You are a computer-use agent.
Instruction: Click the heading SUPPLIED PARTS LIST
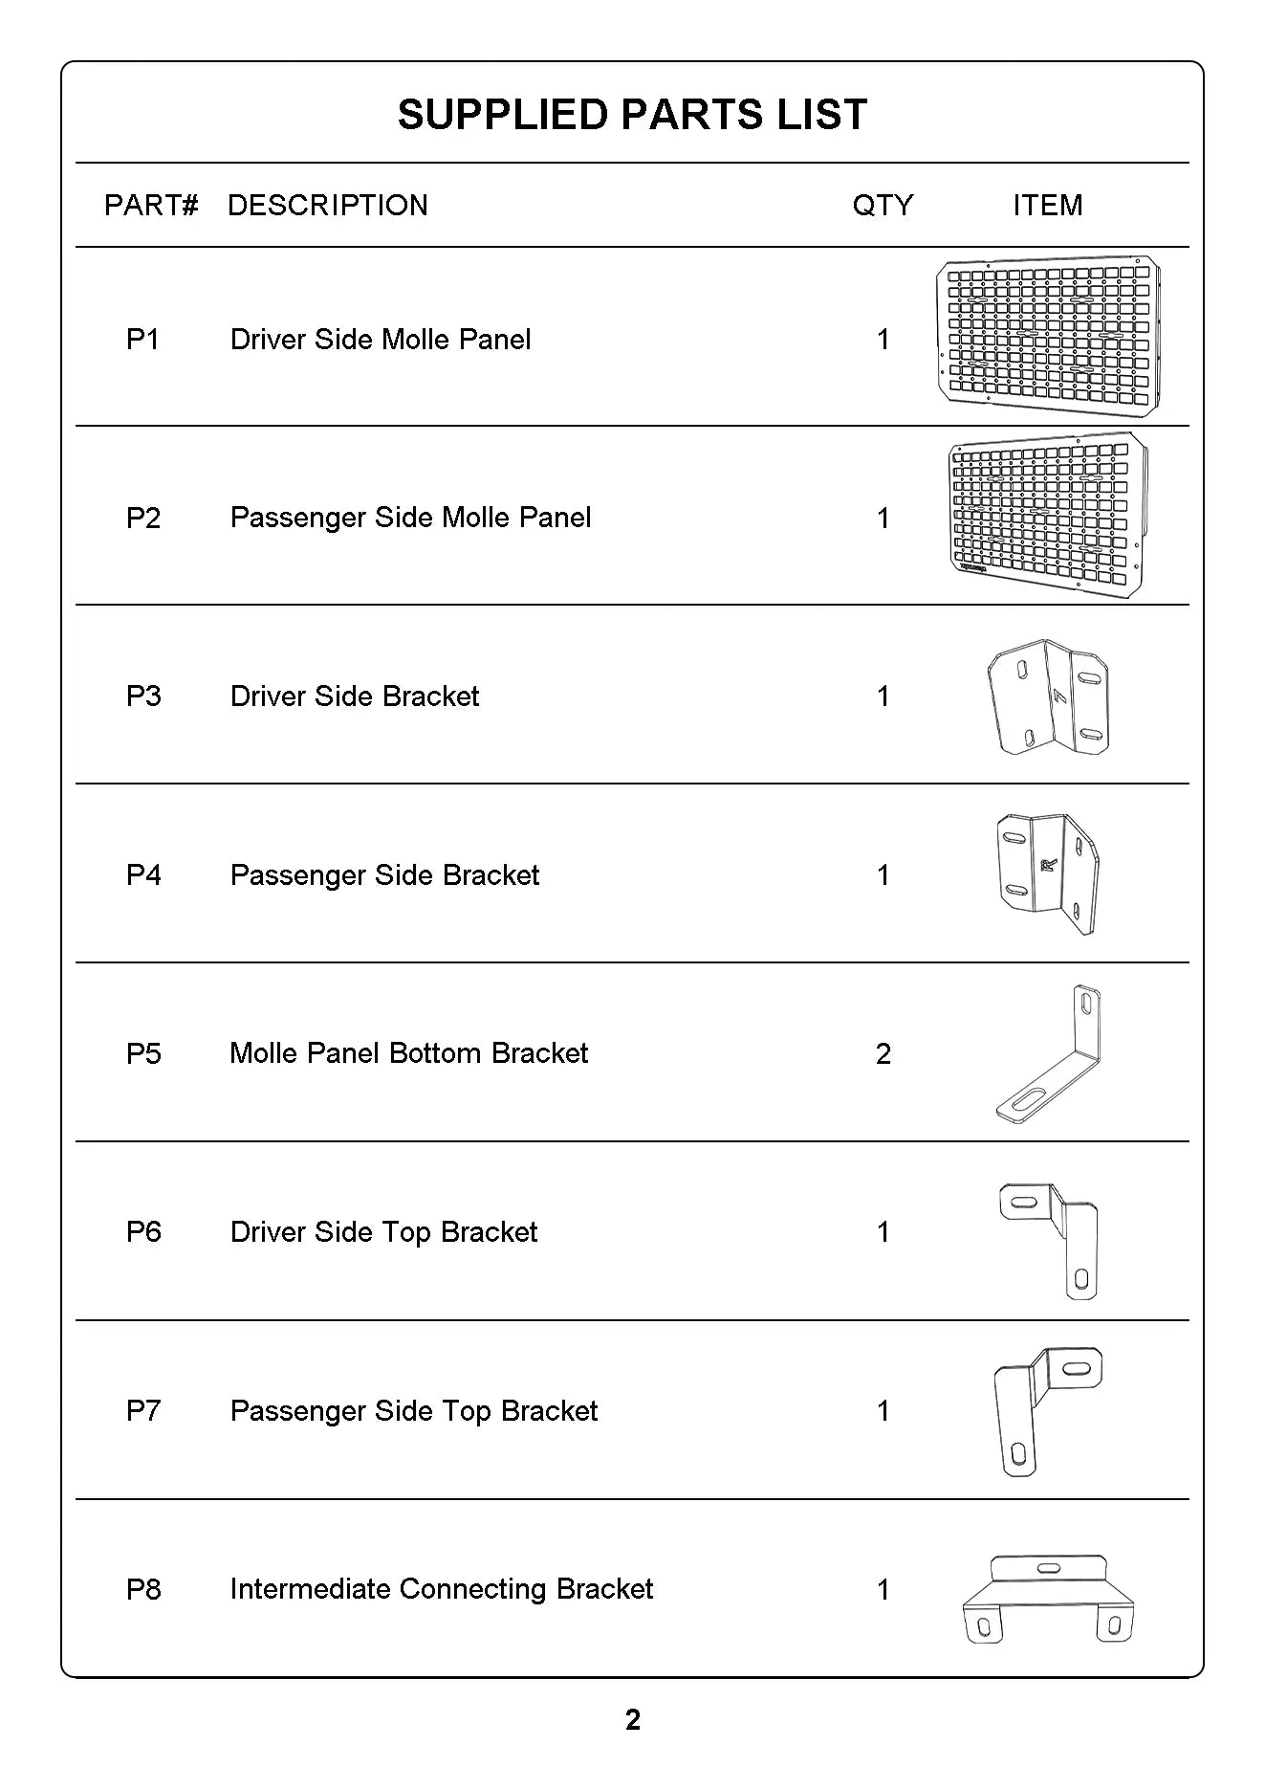(x=632, y=115)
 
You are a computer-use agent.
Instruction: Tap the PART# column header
(x=151, y=205)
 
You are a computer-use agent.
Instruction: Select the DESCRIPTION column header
(x=328, y=205)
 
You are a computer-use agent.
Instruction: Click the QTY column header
(x=883, y=205)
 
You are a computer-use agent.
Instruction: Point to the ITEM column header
(x=1048, y=205)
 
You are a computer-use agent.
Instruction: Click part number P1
(x=143, y=340)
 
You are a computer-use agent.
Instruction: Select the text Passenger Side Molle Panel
(x=410, y=518)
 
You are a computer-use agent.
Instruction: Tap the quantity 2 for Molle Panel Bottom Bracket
(x=883, y=1053)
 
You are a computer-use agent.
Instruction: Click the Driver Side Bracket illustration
(x=1048, y=696)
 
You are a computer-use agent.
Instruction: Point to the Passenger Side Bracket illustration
(x=1048, y=873)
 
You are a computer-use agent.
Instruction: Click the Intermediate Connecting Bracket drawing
(x=1048, y=1598)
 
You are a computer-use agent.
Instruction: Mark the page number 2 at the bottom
(x=632, y=1720)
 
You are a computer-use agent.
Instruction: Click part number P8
(x=143, y=1589)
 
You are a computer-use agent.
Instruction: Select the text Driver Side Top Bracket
(x=383, y=1232)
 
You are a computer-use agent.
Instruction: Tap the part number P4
(x=143, y=875)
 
